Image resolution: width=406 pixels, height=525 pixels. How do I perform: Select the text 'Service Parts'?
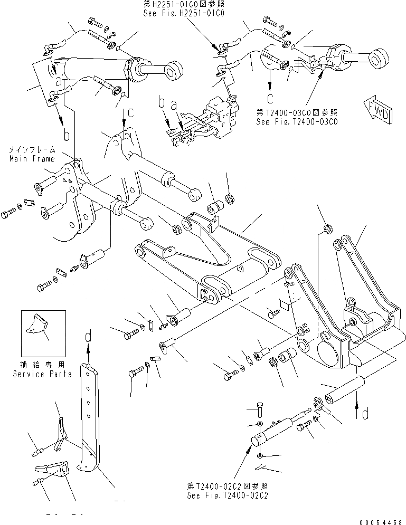43,374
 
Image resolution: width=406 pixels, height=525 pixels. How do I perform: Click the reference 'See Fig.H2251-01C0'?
183,14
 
